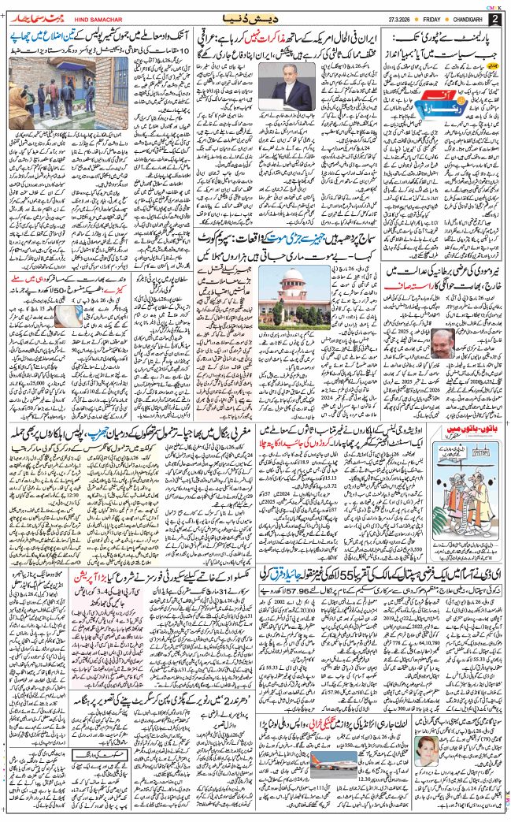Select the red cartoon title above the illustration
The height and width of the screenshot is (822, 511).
point(465,453)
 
